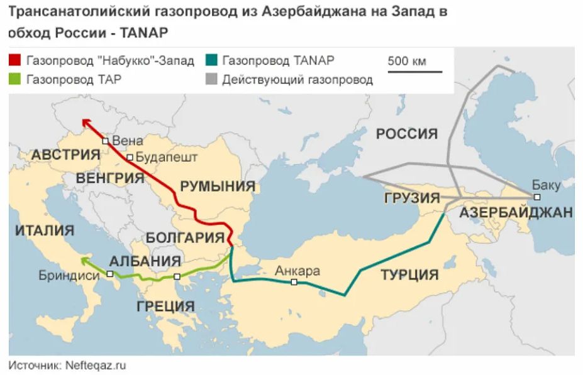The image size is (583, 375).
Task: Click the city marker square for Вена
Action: click(x=106, y=141)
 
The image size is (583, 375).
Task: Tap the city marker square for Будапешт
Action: click(x=130, y=158)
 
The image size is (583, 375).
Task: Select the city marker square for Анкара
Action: click(x=294, y=283)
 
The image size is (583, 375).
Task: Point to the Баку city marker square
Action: click(x=536, y=197)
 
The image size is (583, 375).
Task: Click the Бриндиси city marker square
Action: click(x=110, y=274)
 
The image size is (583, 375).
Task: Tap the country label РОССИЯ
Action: click(x=406, y=133)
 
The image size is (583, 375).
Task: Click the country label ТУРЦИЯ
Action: click(x=409, y=274)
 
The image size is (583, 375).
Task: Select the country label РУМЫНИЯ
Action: click(x=218, y=186)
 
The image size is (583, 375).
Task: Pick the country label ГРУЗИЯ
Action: click(x=411, y=198)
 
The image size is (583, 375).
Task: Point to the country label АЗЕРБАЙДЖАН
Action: click(x=516, y=212)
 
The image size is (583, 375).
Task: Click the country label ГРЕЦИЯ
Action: click(x=165, y=307)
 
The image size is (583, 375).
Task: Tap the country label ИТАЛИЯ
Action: click(x=44, y=230)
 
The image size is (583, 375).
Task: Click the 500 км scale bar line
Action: click(x=414, y=71)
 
